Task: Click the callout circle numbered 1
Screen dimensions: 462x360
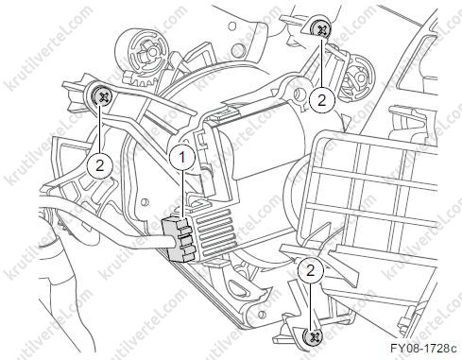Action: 182,157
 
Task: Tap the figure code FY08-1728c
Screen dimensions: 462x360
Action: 423,349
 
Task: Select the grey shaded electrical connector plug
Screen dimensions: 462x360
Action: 179,239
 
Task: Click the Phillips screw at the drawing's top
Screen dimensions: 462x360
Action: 320,29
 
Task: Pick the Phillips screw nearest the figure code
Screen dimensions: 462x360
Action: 314,336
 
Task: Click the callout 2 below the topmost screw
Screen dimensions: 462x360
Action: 321,101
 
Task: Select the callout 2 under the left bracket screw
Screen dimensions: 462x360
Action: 100,165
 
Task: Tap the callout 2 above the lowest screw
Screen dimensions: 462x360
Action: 311,270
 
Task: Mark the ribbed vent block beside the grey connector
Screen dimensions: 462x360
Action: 214,229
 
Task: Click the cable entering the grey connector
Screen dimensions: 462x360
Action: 104,234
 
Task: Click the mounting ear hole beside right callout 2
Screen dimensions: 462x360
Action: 298,93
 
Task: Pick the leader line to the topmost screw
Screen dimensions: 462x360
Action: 321,63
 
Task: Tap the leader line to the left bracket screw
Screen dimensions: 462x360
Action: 100,129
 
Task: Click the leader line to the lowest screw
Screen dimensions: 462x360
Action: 311,305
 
